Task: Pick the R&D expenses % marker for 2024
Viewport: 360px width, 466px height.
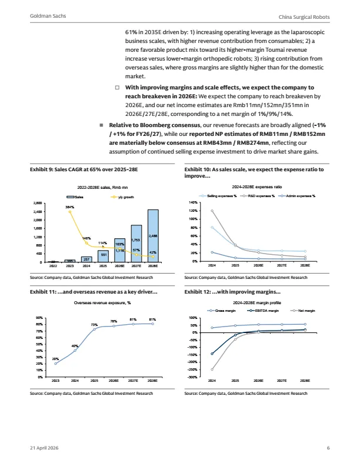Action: pyautogui.click(x=212, y=211)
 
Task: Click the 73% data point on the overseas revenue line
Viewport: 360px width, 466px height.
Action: pyautogui.click(x=95, y=329)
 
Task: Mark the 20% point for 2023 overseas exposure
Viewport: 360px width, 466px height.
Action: pyautogui.click(x=55, y=364)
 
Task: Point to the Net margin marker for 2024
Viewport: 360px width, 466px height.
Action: pyautogui.click(x=212, y=370)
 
